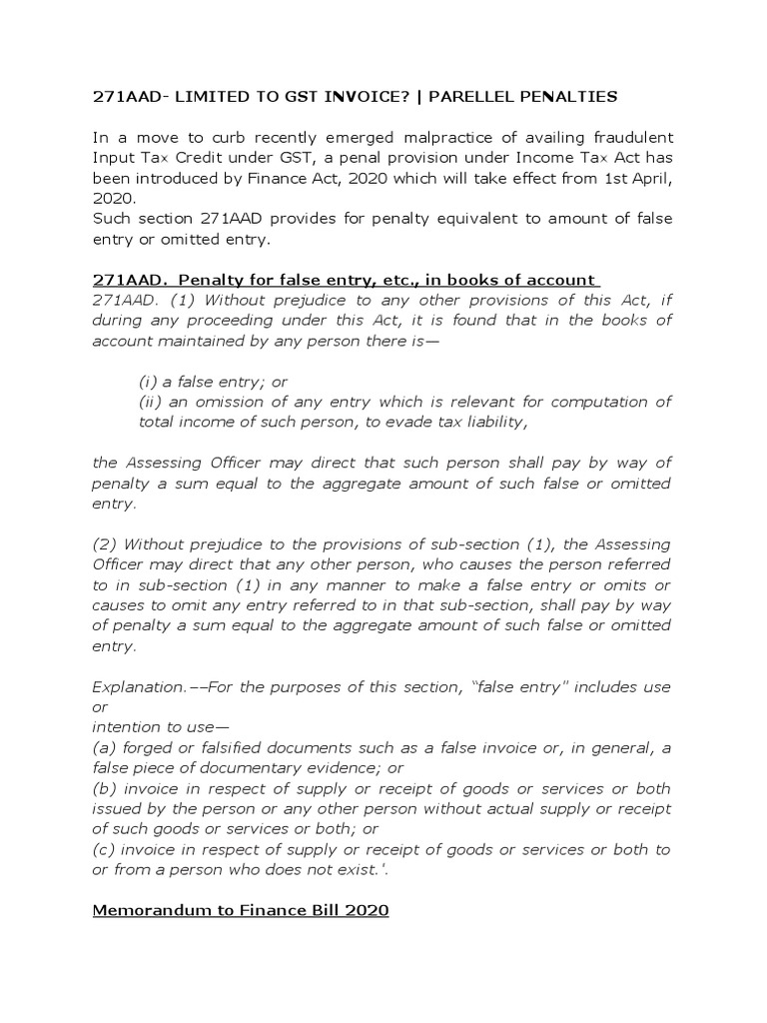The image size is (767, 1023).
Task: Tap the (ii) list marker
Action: (151, 402)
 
